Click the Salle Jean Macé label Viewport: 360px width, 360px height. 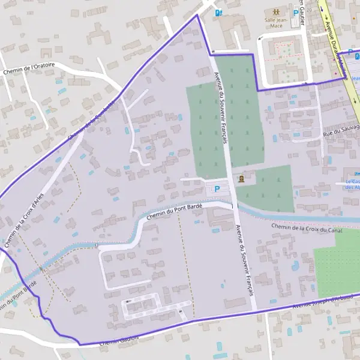[x=274, y=22]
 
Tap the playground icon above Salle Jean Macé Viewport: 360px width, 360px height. [x=275, y=11]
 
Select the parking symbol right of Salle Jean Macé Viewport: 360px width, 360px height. [x=296, y=13]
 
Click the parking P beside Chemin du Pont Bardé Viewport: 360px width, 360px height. [x=217, y=189]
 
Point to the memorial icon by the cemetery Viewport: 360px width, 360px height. [x=241, y=179]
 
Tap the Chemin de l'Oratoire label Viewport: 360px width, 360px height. [x=29, y=70]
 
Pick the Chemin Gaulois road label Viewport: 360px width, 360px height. [x=119, y=340]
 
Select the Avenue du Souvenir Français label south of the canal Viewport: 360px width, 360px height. [x=244, y=259]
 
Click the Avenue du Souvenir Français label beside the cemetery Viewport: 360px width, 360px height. [x=221, y=108]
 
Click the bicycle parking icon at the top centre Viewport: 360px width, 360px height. [x=220, y=12]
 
